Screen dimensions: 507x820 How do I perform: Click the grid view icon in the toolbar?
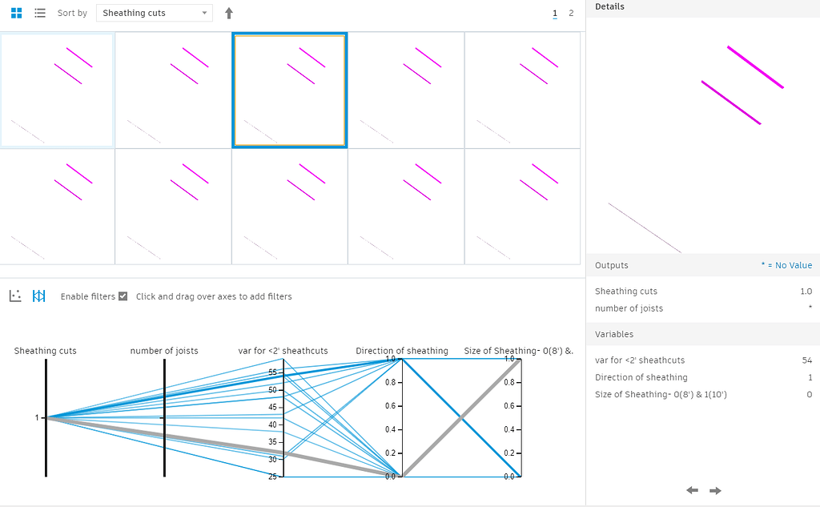(16, 13)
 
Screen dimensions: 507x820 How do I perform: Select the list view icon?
(40, 13)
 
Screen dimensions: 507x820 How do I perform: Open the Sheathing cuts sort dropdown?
(155, 13)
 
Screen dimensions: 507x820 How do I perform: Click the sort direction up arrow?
(229, 13)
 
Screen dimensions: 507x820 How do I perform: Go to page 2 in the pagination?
(571, 13)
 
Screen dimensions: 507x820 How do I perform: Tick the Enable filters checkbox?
(123, 296)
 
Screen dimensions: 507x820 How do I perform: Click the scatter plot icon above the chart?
(15, 296)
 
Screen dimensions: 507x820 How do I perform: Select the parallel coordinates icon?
(38, 296)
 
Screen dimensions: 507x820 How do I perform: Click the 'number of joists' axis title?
(164, 351)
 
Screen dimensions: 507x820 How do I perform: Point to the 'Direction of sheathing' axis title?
(402, 351)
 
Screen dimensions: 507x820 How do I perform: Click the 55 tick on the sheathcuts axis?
(273, 372)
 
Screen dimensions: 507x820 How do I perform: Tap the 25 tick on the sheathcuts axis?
(273, 477)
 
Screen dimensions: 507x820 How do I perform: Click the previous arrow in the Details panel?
(693, 490)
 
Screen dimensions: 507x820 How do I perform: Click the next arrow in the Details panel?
(715, 490)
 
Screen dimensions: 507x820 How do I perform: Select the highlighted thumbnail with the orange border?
(289, 90)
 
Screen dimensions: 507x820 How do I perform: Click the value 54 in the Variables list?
(806, 360)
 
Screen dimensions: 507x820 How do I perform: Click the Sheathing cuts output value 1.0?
(806, 292)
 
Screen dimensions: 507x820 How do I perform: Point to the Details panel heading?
(609, 6)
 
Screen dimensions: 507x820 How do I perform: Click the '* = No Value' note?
(786, 265)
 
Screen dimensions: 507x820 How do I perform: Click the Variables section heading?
(614, 334)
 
